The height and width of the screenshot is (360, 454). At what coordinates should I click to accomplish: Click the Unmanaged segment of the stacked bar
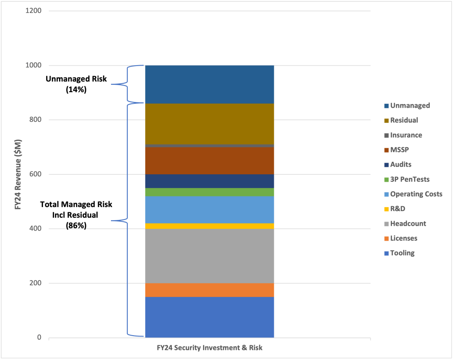209,84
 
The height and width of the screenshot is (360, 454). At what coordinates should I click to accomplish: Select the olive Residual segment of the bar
209,124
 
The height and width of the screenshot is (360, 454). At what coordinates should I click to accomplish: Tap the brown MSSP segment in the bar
209,160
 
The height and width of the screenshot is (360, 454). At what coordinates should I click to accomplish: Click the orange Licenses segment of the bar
209,290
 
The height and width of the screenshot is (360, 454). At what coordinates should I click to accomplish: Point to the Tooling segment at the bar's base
209,317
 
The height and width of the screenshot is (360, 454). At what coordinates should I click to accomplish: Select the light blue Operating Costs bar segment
209,210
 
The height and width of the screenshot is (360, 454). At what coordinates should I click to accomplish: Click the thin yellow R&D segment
209,226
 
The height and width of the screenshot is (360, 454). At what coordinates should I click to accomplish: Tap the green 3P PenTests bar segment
209,192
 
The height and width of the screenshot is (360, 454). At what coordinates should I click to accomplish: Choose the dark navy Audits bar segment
209,181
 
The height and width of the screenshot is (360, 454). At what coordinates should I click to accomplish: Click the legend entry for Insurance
406,135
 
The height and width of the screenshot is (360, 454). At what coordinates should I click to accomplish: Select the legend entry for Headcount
408,223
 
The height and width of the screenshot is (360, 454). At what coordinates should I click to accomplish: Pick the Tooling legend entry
402,253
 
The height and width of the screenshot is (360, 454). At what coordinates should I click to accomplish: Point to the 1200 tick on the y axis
34,11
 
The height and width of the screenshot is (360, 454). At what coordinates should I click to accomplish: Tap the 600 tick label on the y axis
36,174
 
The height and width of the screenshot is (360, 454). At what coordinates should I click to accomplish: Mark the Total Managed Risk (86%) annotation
76,215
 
